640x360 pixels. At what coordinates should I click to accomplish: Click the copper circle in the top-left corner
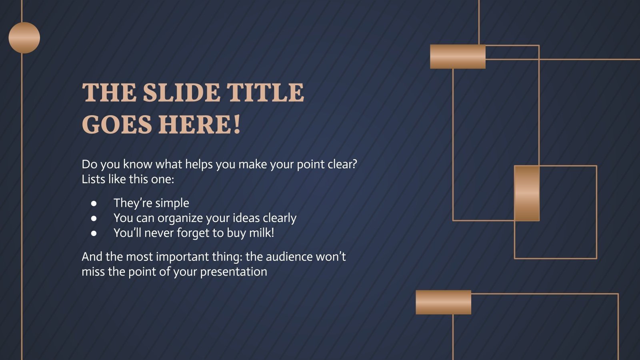pos(24,38)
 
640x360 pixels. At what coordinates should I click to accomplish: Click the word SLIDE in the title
pos(182,93)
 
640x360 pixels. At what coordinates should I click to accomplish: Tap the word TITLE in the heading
pos(266,93)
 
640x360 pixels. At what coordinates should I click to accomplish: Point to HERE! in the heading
pos(200,124)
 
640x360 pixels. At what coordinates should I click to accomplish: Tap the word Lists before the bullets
pos(93,179)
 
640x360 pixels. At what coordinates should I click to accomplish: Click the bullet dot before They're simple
pos(94,204)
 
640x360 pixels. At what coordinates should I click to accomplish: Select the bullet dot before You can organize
pos(94,218)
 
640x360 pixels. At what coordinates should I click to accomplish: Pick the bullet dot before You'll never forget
pos(94,233)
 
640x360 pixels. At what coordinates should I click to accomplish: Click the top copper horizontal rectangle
pos(458,56)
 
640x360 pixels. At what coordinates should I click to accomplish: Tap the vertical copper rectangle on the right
pos(526,193)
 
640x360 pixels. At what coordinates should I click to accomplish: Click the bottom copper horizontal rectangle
pos(443,302)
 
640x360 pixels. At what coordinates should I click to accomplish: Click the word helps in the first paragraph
pos(198,164)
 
